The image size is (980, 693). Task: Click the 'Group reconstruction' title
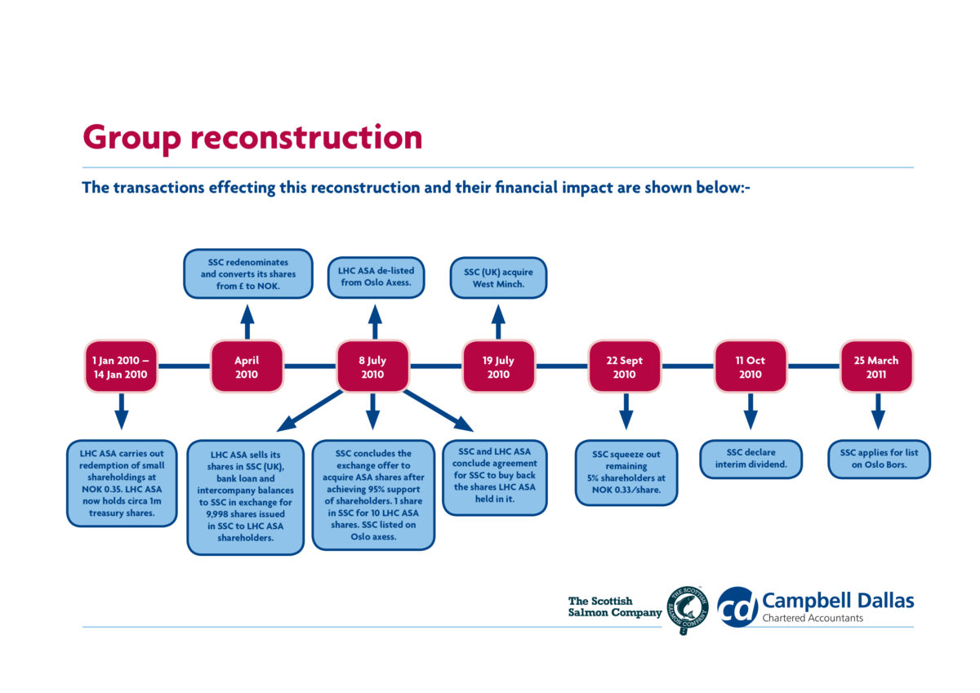click(x=252, y=137)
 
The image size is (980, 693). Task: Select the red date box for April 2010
click(x=247, y=366)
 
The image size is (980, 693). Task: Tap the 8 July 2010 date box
click(x=372, y=366)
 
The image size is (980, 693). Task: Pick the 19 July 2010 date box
click(x=498, y=366)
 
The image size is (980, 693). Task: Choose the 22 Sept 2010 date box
click(x=624, y=366)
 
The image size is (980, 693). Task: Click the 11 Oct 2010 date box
click(x=750, y=366)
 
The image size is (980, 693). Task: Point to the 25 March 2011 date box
click(x=875, y=366)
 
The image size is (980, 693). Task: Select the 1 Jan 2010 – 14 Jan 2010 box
click(x=121, y=366)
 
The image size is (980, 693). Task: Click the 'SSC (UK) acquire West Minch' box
click(x=498, y=278)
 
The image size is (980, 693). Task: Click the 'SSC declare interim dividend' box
click(x=751, y=458)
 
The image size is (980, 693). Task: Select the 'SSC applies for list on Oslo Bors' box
click(x=879, y=458)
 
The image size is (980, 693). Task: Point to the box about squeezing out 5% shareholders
click(x=626, y=473)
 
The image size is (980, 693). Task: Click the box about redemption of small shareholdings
click(x=122, y=483)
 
